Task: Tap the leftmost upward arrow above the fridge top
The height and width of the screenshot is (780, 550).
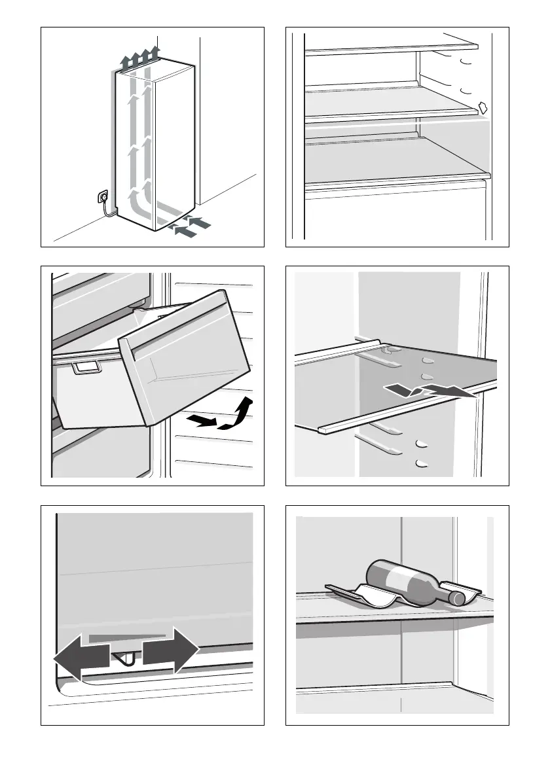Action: click(x=125, y=62)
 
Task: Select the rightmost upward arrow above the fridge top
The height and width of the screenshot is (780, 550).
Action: click(x=155, y=52)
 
